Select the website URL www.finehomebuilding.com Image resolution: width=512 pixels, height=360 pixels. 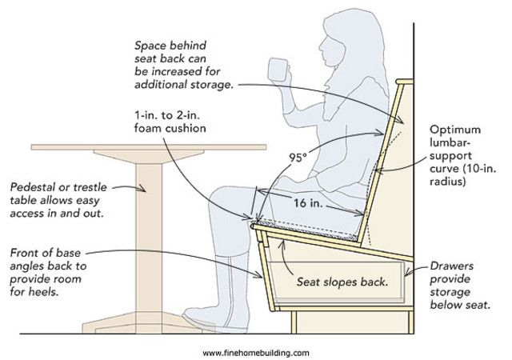pos(256,352)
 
